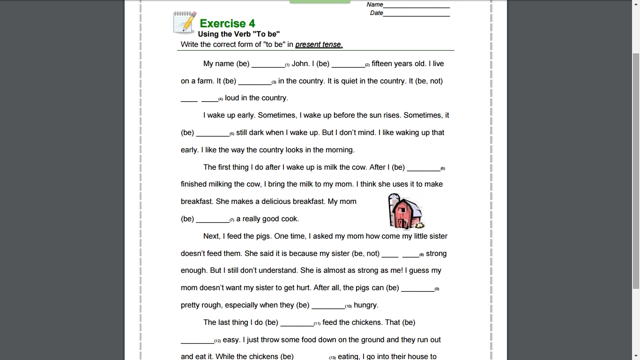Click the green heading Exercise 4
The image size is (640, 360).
pyautogui.click(x=227, y=23)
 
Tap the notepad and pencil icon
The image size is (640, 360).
pyautogui.click(x=185, y=22)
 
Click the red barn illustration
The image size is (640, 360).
pyautogui.click(x=406, y=212)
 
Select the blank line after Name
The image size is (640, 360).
pyautogui.click(x=416, y=6)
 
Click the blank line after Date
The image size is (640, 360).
pyautogui.click(x=416, y=14)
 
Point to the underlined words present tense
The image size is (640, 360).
pyautogui.click(x=319, y=45)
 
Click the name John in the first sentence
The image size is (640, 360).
pyautogui.click(x=300, y=64)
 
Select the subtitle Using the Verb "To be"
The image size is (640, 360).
pyautogui.click(x=239, y=34)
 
